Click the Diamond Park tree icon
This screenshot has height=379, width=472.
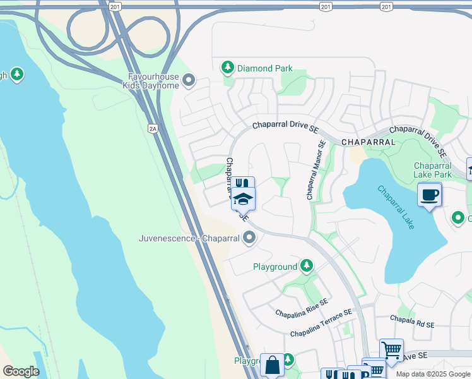228,67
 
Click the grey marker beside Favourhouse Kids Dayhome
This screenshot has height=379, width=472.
189,80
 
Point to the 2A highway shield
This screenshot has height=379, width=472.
152,129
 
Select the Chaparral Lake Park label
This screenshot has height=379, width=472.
433,169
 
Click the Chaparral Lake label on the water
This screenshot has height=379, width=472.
396,207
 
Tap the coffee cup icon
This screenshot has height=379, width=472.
430,194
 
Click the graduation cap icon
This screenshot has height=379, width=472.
243,199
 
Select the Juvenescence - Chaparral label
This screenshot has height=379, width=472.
189,239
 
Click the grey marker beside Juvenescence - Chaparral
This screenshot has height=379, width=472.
250,238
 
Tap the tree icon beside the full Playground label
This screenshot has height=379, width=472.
307,266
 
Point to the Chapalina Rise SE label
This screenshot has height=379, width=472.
302,308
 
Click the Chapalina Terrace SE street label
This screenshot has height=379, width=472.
321,324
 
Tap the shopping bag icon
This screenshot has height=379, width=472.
272,365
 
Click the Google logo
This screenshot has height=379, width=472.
21,372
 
